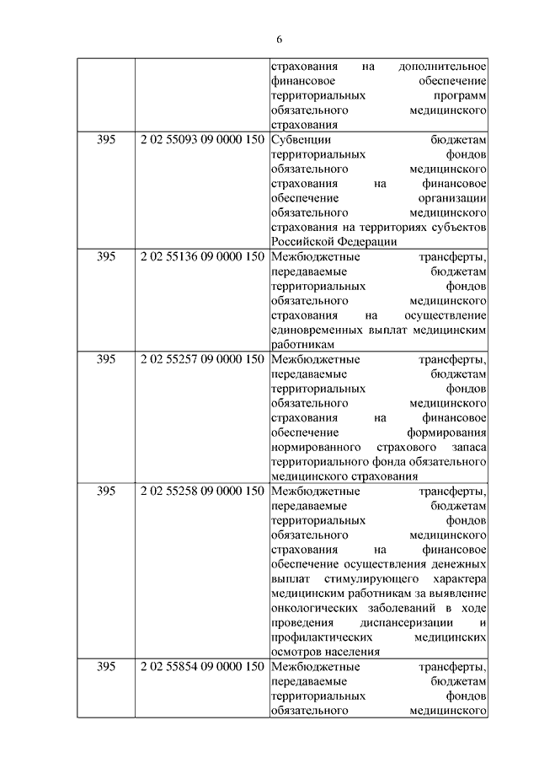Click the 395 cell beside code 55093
(x=106, y=139)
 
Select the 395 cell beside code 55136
(x=106, y=256)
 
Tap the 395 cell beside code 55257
(x=106, y=358)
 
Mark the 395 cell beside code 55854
(x=106, y=666)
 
